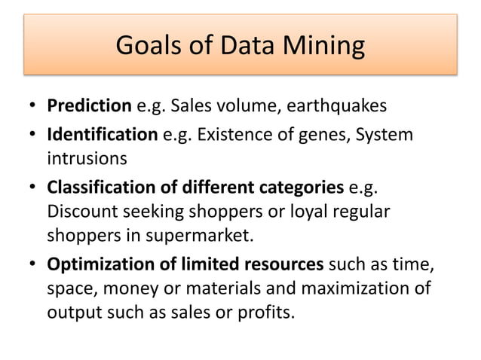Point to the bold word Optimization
coord(97,264)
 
